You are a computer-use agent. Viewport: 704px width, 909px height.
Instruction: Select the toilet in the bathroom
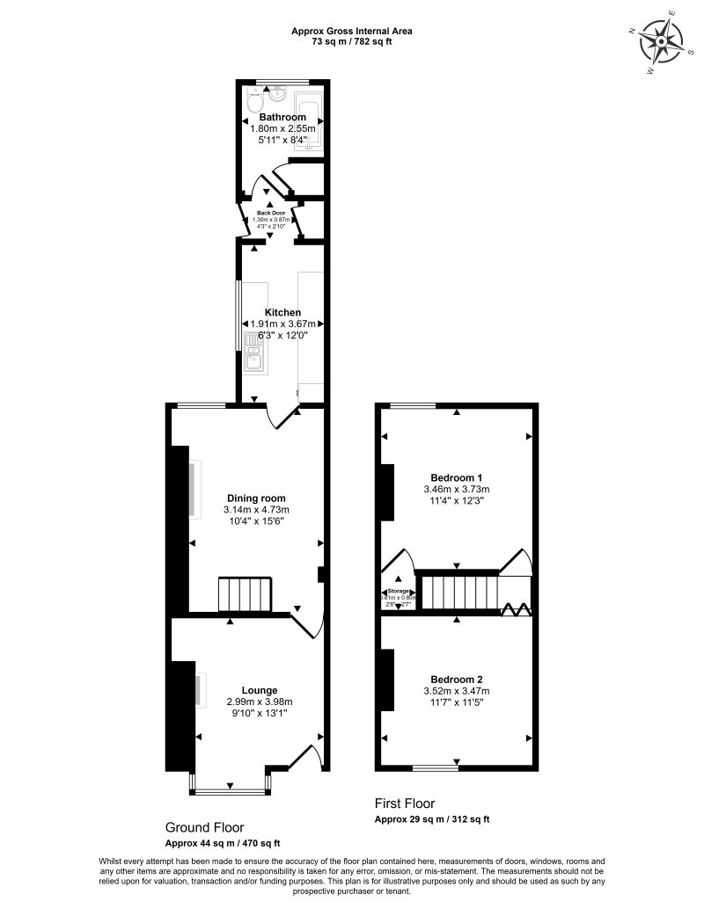tap(253, 104)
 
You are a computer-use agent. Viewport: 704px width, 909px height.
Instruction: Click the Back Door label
tap(271, 213)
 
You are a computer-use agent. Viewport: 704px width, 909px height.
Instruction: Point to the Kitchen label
tap(283, 312)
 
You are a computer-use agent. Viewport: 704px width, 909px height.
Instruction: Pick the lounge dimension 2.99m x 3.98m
tap(259, 702)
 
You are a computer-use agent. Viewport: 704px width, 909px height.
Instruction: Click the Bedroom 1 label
tap(456, 477)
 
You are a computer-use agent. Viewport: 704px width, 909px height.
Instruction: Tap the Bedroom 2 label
tap(456, 679)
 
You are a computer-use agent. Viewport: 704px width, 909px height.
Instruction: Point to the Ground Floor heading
tap(204, 827)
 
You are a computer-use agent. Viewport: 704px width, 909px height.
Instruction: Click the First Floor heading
tap(405, 804)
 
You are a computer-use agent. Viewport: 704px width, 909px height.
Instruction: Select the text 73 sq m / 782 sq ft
tap(352, 40)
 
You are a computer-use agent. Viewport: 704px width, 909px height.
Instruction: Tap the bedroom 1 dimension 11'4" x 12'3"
tap(456, 500)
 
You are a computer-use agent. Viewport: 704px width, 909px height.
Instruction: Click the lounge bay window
tap(231, 790)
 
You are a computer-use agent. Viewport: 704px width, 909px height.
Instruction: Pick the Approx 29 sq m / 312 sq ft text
tap(432, 819)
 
